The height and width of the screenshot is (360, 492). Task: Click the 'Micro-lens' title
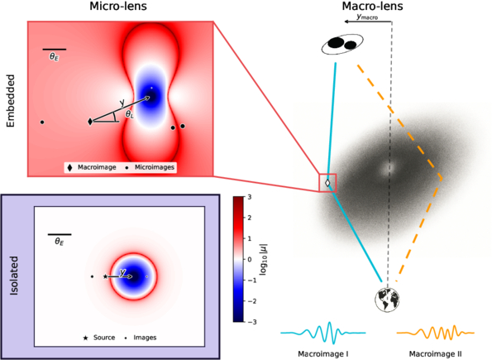pos(118,6)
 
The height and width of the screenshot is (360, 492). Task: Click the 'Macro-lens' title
pos(372,6)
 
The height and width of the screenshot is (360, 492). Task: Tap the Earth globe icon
pos(387,300)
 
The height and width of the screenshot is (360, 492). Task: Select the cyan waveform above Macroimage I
pos(323,333)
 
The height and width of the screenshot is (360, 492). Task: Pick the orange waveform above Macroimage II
pos(436,333)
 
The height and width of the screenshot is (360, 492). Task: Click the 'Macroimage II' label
pos(435,354)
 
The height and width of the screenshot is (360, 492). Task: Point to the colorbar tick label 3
pos(250,197)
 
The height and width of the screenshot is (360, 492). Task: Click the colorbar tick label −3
pos(252,322)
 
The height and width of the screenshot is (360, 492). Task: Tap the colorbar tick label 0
pos(250,260)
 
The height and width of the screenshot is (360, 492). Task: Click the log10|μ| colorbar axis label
pos(263,260)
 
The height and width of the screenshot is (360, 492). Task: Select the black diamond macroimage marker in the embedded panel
pos(90,122)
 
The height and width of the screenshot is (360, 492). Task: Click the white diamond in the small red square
pos(327,183)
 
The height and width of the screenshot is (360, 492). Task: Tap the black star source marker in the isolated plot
pos(106,276)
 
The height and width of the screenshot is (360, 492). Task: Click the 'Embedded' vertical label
pos(11,101)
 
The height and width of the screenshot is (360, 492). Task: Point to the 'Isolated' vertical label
pos(14,276)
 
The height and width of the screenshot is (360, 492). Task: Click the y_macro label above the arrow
pos(367,17)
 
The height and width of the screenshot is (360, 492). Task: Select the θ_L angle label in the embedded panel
pos(129,114)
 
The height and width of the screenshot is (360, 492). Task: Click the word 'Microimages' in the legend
pos(155,167)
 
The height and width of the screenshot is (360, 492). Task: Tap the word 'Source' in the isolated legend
pos(104,338)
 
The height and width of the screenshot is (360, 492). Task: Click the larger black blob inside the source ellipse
pos(335,43)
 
